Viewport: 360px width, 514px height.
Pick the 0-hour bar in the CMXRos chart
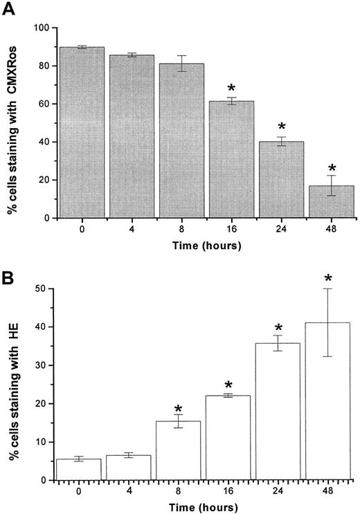(x=82, y=132)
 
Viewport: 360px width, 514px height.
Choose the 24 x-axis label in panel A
(x=281, y=228)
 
